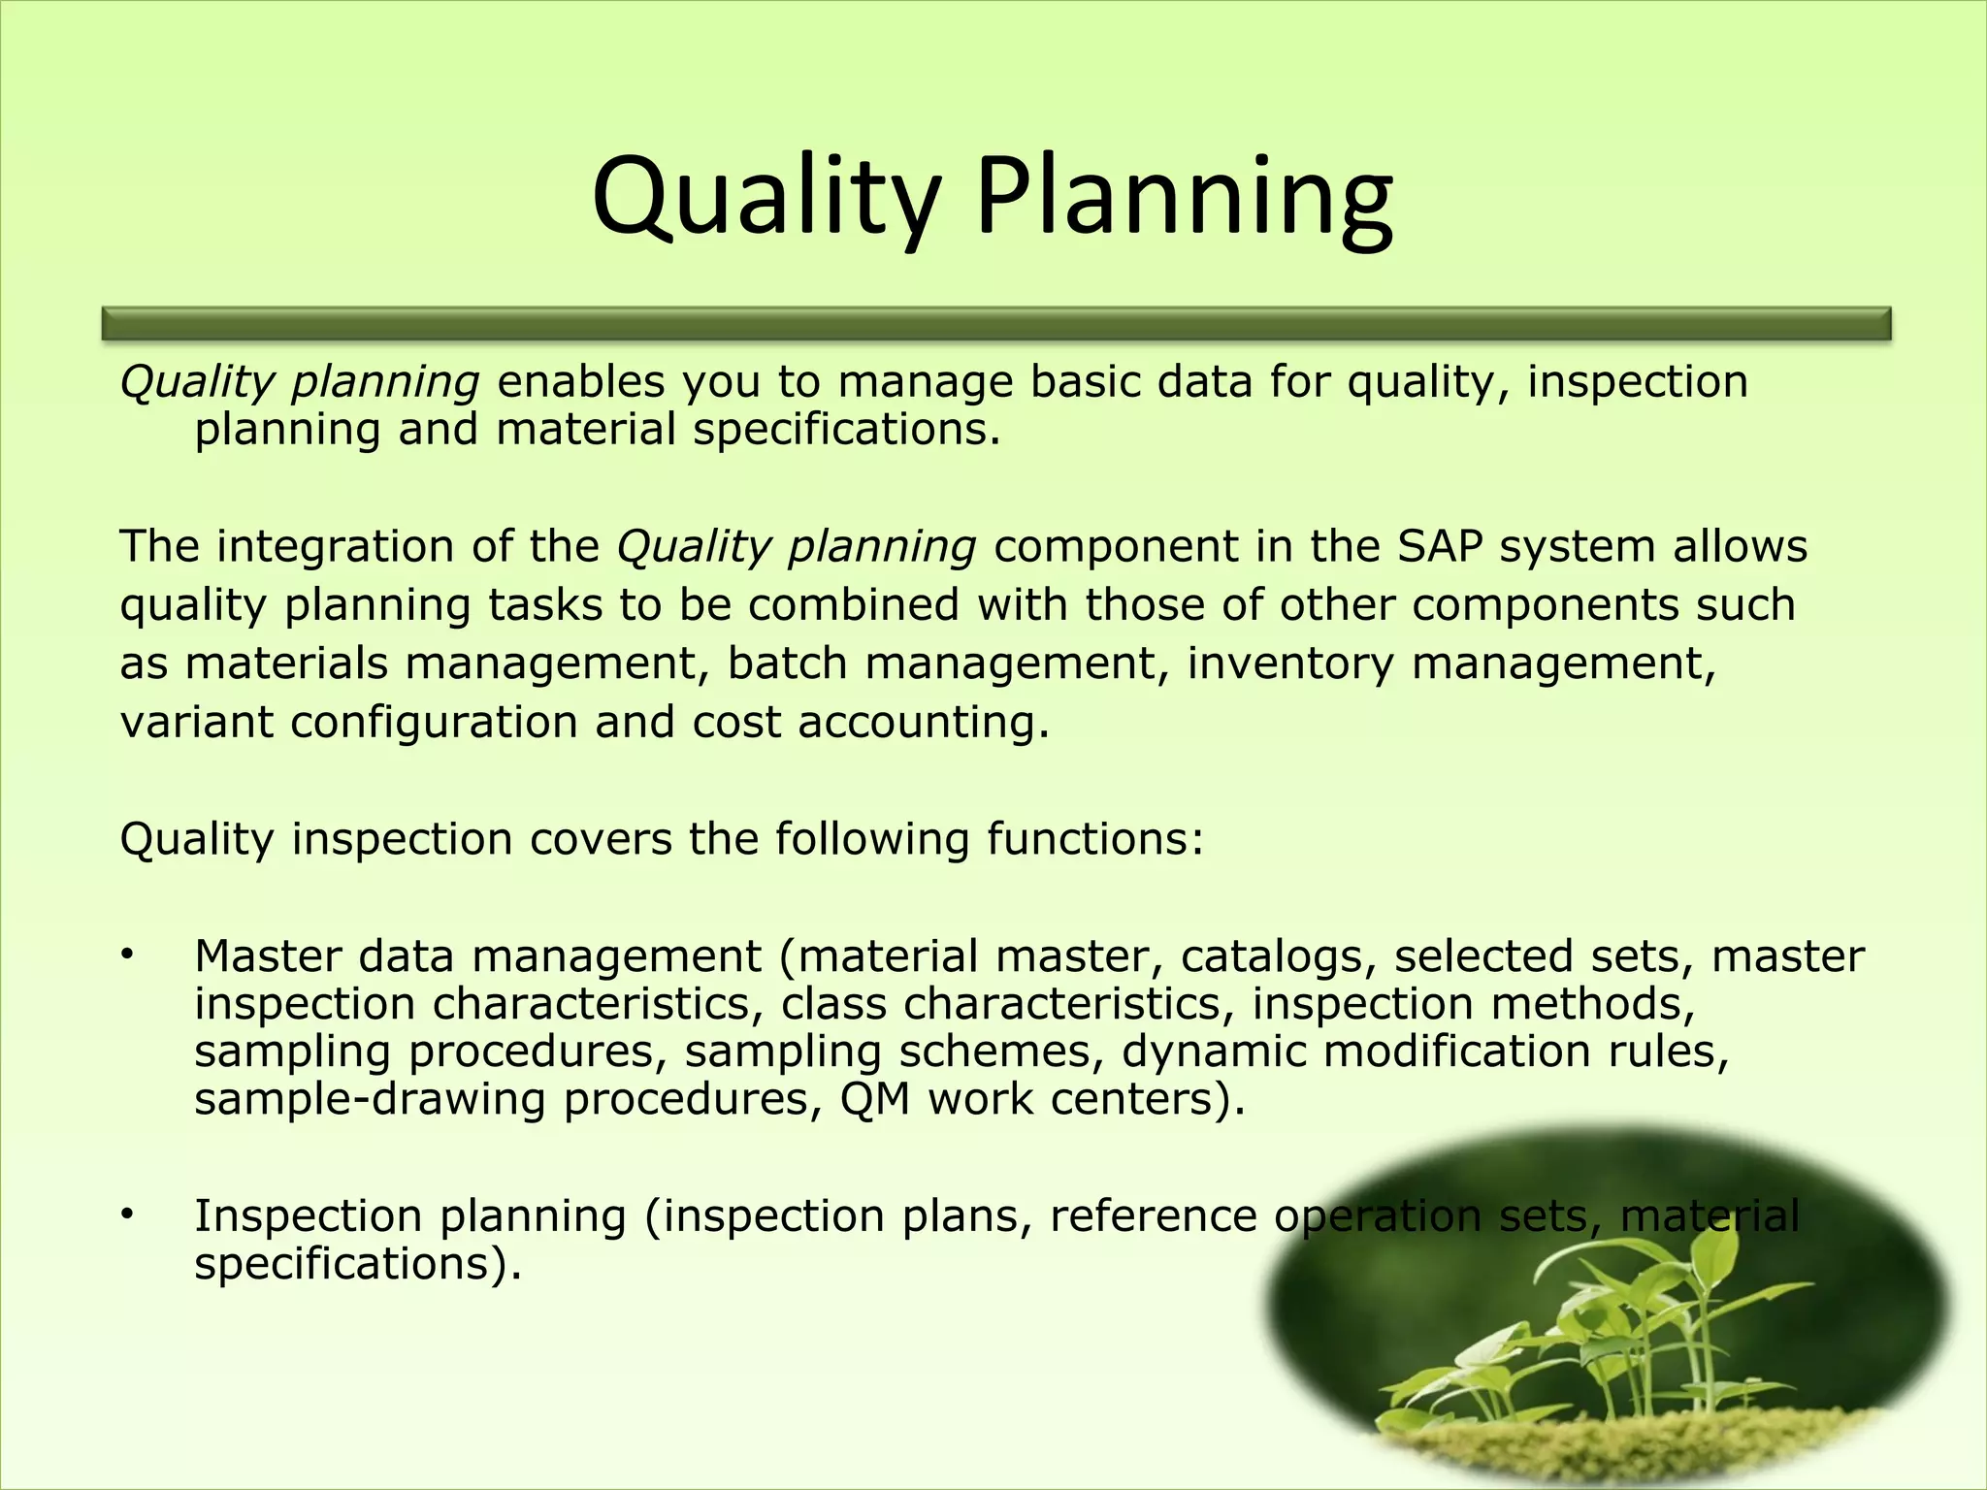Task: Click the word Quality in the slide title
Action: point(766,199)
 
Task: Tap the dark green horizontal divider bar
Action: point(995,323)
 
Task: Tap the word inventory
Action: point(1289,664)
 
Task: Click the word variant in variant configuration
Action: point(196,723)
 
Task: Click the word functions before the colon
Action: point(1086,839)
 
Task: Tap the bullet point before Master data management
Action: point(127,956)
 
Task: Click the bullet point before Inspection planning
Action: point(127,1215)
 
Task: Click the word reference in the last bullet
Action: point(1153,1215)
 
